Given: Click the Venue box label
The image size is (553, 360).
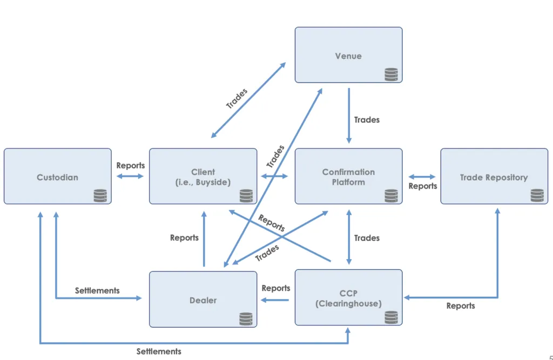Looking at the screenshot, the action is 348,56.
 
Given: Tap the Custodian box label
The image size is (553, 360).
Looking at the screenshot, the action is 57,178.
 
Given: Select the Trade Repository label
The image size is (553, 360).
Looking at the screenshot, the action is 494,178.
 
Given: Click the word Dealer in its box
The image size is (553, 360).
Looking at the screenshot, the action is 203,301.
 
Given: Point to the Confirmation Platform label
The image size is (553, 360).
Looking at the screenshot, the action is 348,177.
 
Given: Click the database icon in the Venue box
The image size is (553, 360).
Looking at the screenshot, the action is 391,74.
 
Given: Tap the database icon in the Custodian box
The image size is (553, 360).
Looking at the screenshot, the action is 100,196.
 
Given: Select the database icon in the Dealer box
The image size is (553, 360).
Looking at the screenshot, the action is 246,319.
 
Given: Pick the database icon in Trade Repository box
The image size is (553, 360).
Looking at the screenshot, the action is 537,195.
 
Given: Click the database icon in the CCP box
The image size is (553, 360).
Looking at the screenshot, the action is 391,317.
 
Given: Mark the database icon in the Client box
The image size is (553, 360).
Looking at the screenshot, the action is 246,196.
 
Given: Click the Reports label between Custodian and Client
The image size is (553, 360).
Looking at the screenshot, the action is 131,165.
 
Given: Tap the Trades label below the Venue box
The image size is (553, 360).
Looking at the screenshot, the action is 367,120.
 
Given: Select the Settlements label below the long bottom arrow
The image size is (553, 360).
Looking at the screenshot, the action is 159,351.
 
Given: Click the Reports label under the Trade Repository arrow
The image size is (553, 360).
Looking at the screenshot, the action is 461,306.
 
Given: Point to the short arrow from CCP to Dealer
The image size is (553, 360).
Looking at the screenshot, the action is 275,300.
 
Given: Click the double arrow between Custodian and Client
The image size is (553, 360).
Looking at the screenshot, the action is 130,176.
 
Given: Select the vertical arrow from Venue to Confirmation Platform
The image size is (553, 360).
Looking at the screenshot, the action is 349,116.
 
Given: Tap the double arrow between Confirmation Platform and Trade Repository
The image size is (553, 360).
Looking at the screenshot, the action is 422,176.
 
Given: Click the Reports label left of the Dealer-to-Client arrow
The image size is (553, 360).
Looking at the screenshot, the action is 184,238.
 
